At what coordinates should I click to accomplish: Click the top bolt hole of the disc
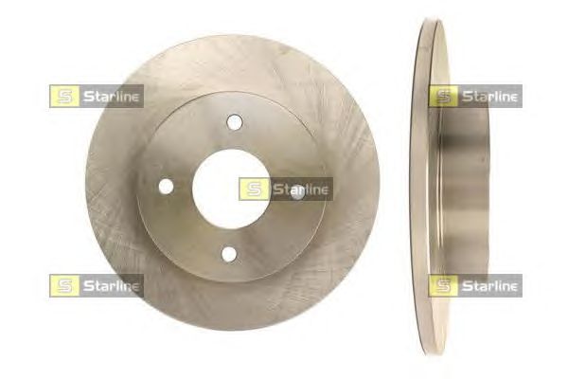click(x=235, y=122)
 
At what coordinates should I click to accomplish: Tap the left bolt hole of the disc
click(x=167, y=187)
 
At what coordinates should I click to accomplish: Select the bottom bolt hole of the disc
click(x=229, y=254)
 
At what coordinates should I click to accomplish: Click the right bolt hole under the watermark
click(x=298, y=191)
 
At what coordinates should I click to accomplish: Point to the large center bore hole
click(x=231, y=189)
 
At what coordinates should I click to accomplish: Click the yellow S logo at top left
click(x=64, y=96)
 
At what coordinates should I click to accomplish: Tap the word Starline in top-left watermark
click(x=111, y=97)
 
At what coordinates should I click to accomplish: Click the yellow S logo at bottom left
click(x=64, y=286)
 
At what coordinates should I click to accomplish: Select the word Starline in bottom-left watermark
click(x=111, y=286)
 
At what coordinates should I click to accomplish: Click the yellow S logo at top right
click(x=443, y=96)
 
